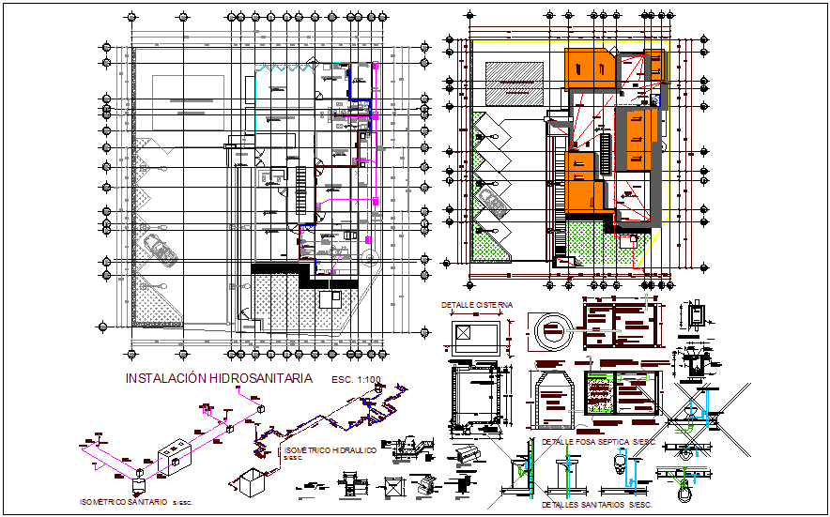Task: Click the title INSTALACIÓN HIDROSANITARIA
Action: click(219, 378)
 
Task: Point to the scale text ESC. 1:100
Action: click(356, 380)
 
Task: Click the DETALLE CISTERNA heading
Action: click(477, 306)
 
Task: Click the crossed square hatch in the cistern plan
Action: click(467, 333)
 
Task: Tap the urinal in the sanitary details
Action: click(618, 464)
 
